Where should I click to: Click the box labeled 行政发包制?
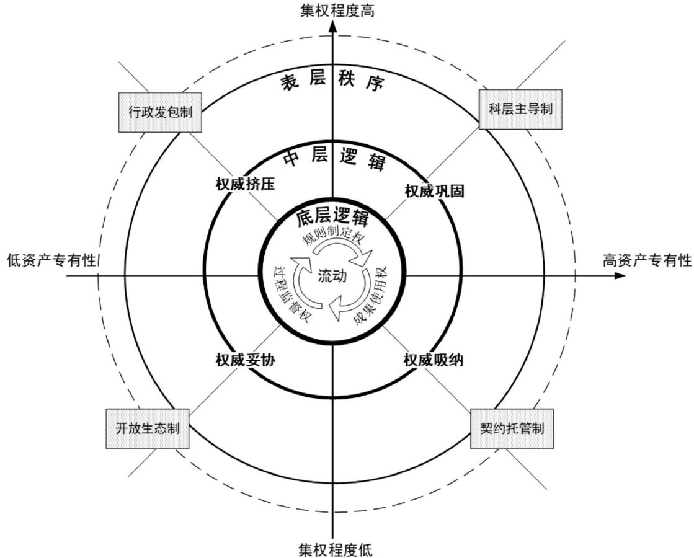coord(160,112)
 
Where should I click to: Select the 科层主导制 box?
coord(520,108)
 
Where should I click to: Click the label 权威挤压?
coord(245,185)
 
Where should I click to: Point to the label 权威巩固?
coord(434,190)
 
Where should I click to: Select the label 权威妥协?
coord(245,360)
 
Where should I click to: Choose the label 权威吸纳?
coord(434,360)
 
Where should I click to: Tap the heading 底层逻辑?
coord(332,218)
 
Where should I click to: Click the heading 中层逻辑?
coord(333,160)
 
